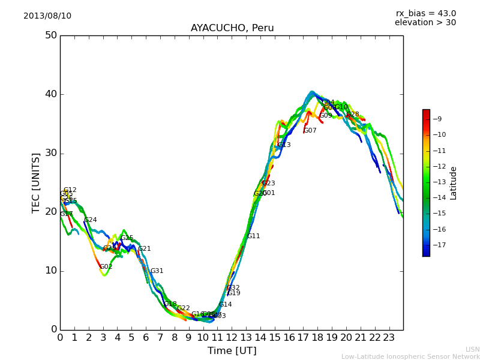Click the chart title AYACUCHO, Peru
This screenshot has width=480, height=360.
pyautogui.click(x=232, y=28)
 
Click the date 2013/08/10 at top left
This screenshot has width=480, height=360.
pyautogui.click(x=47, y=16)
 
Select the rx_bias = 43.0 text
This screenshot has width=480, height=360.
pyautogui.click(x=425, y=14)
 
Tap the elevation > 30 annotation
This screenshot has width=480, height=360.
pyautogui.click(x=425, y=23)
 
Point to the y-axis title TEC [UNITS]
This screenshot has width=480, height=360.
pyautogui.click(x=36, y=182)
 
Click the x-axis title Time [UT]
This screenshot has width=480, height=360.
pyautogui.click(x=232, y=351)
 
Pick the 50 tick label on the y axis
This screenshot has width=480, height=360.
pyautogui.click(x=50, y=35)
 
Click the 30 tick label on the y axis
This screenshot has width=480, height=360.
pyautogui.click(x=50, y=153)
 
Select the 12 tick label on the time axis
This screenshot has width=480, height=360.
pyautogui.click(x=232, y=338)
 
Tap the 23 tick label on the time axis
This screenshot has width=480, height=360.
pyautogui.click(x=389, y=338)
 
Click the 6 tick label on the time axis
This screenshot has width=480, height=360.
pyautogui.click(x=146, y=338)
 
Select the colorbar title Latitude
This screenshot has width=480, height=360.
pyautogui.click(x=454, y=182)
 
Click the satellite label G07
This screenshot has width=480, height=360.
pyautogui.click(x=310, y=131)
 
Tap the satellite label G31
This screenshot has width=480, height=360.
pyautogui.click(x=157, y=271)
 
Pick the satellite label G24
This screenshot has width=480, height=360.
pyautogui.click(x=90, y=220)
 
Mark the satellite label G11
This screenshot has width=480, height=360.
pyautogui.click(x=254, y=236)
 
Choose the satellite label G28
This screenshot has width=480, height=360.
pyautogui.click(x=353, y=115)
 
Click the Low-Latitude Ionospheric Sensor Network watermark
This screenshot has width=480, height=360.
pyautogui.click(x=410, y=356)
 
